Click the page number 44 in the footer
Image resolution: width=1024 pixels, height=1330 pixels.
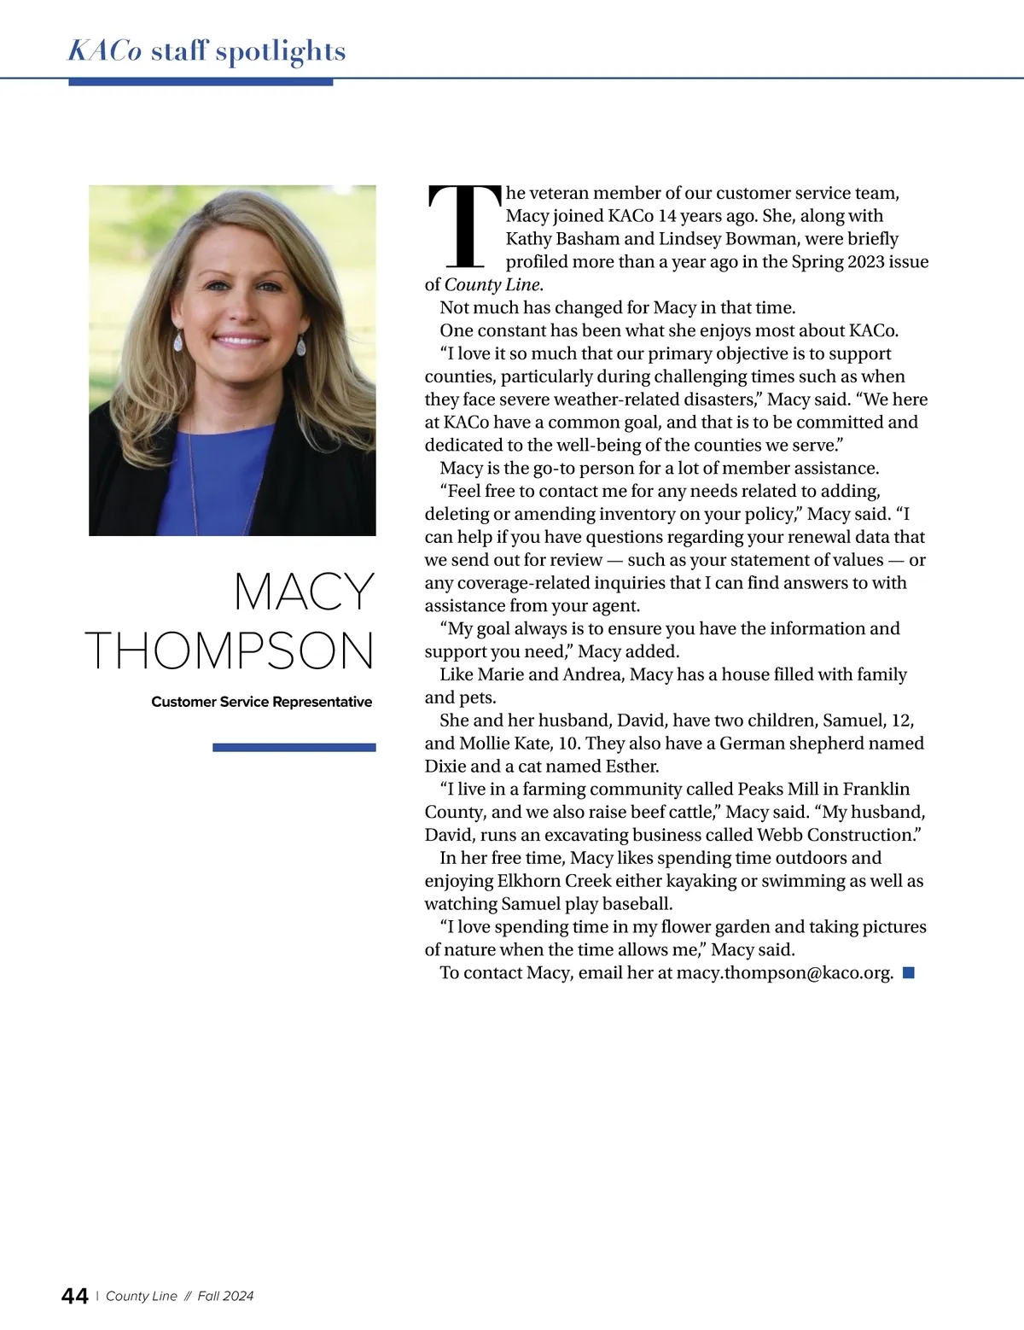[75, 1296]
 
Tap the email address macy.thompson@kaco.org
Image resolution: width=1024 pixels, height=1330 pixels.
[784, 972]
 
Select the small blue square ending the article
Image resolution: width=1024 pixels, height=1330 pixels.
[909, 972]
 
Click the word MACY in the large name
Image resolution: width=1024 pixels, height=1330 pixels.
[305, 591]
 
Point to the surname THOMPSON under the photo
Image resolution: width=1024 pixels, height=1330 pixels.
[230, 650]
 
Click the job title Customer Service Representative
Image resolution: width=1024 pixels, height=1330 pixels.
[261, 702]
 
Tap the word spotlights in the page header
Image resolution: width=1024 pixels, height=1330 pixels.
[281, 51]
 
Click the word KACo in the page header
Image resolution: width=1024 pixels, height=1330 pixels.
[104, 51]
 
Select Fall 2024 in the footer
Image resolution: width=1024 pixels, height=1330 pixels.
[225, 1296]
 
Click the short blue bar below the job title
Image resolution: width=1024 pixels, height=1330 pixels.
[294, 748]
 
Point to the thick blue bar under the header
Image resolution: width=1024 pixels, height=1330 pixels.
[201, 82]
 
